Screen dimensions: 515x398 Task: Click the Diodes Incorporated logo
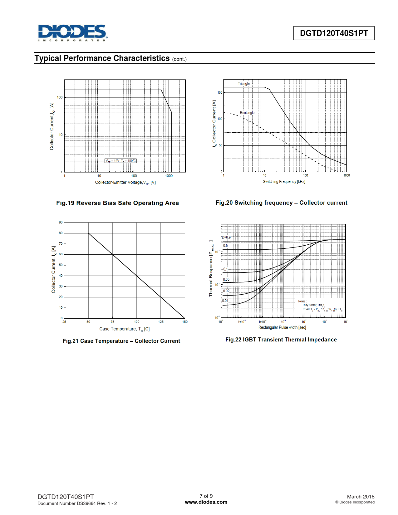pyautogui.click(x=72, y=33)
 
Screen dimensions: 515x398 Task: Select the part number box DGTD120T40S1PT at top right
pyautogui.click(x=334, y=33)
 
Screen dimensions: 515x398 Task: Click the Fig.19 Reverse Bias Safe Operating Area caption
pyautogui.click(x=117, y=203)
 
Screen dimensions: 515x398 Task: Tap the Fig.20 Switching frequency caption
pyautogui.click(x=281, y=203)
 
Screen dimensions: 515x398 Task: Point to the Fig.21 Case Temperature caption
pyautogui.click(x=121, y=341)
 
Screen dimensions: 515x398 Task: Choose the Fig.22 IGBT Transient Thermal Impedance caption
pyautogui.click(x=281, y=340)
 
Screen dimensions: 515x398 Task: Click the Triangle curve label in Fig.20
pyautogui.click(x=243, y=84)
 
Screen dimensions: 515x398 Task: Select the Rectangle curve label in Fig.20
pyautogui.click(x=247, y=113)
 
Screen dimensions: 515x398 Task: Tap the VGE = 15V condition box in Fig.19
pyautogui.click(x=120, y=161)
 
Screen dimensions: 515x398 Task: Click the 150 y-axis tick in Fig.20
pyautogui.click(x=220, y=92)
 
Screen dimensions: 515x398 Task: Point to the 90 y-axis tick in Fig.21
pyautogui.click(x=61, y=222)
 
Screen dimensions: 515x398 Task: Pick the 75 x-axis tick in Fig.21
pyautogui.click(x=112, y=322)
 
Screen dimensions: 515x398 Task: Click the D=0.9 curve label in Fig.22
pyautogui.click(x=226, y=238)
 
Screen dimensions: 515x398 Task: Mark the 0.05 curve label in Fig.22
pyautogui.click(x=226, y=279)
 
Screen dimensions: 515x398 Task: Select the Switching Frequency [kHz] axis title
pyautogui.click(x=284, y=182)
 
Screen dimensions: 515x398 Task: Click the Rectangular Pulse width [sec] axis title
pyautogui.click(x=282, y=327)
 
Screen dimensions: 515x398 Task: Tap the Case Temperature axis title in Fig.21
pyautogui.click(x=124, y=329)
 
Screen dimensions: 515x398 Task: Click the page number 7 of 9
pyautogui.click(x=206, y=496)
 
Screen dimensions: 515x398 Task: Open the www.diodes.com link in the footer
pyautogui.click(x=206, y=502)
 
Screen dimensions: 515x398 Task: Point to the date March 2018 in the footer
pyautogui.click(x=361, y=497)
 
